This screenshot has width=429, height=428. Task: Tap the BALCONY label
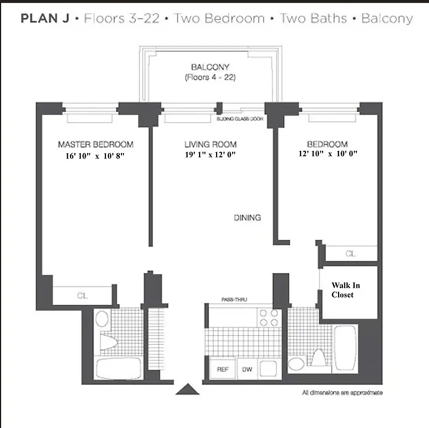(210, 67)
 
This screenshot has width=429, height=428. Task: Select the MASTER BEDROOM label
(95, 144)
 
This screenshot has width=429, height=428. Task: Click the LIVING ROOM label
(210, 144)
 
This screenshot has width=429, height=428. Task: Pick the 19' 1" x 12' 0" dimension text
(210, 155)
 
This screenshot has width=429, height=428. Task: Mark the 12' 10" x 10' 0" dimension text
(327, 154)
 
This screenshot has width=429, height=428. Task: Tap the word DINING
(247, 218)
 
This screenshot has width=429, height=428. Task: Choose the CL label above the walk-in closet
(350, 254)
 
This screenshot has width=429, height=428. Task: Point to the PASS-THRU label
(234, 300)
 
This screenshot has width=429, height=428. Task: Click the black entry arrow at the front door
(188, 389)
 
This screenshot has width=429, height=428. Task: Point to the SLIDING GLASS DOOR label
(240, 119)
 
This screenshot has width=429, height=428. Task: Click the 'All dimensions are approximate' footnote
(342, 393)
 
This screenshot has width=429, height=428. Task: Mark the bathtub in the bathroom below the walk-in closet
(346, 348)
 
